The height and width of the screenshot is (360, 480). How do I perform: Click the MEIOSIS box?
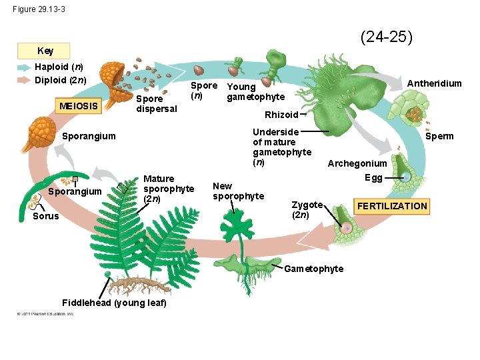(x=79, y=105)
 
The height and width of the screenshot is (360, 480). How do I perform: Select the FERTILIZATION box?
(x=392, y=206)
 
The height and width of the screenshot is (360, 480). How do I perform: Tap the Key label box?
(x=45, y=51)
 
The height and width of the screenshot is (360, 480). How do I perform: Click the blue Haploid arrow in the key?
(x=25, y=67)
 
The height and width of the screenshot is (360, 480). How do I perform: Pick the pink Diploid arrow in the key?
(x=25, y=80)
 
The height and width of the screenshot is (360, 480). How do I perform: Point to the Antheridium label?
(x=434, y=83)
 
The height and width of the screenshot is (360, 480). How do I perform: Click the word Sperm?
(x=439, y=136)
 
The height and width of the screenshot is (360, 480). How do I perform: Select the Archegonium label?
(x=357, y=163)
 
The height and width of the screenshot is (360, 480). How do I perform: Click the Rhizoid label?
(x=281, y=115)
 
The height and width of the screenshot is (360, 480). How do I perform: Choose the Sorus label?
(x=45, y=216)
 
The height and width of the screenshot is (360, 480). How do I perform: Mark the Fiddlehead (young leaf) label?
(x=114, y=303)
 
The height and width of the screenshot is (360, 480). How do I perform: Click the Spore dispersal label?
(x=156, y=103)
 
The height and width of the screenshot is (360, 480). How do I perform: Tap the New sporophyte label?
(x=238, y=191)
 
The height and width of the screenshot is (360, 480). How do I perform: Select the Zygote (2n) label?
(x=307, y=209)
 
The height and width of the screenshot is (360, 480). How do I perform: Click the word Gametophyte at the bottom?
(x=313, y=269)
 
